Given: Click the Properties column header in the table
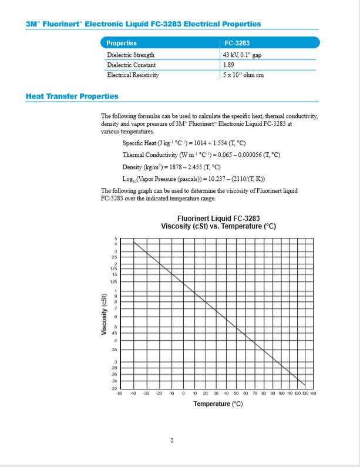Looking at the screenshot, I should point(122,43).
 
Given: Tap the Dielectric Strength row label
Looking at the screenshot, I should point(130,55).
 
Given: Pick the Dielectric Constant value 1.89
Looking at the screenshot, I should point(229,65).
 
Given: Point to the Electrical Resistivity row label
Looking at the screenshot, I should point(133,75).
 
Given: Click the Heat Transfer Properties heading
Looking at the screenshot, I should point(72,96).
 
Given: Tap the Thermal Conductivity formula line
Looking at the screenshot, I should point(201,155).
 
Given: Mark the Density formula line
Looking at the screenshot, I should point(177,167).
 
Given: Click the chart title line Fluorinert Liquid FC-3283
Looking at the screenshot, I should point(218,219).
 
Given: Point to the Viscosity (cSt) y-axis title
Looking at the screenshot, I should point(104,314).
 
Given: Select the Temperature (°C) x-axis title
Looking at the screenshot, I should point(218,404).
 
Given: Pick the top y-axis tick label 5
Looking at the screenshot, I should point(116,238).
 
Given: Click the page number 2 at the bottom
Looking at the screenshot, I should point(171,442).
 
